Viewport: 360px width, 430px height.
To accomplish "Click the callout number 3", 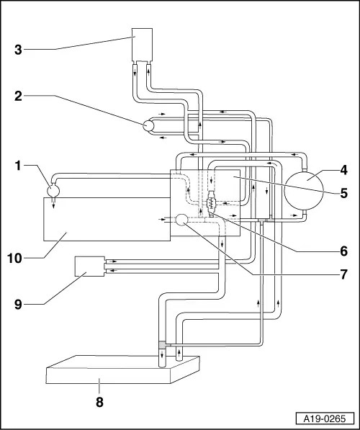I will (20, 50).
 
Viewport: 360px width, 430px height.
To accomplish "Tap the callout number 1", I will (20, 166).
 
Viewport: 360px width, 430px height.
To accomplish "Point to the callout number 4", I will (344, 170).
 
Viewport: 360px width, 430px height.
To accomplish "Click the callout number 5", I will (344, 193).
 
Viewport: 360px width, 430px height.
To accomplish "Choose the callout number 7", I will (344, 274).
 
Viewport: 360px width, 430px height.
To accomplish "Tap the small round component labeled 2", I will (149, 125).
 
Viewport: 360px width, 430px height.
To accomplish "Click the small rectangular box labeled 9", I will (89, 267).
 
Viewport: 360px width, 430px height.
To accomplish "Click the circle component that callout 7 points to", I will (181, 219).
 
